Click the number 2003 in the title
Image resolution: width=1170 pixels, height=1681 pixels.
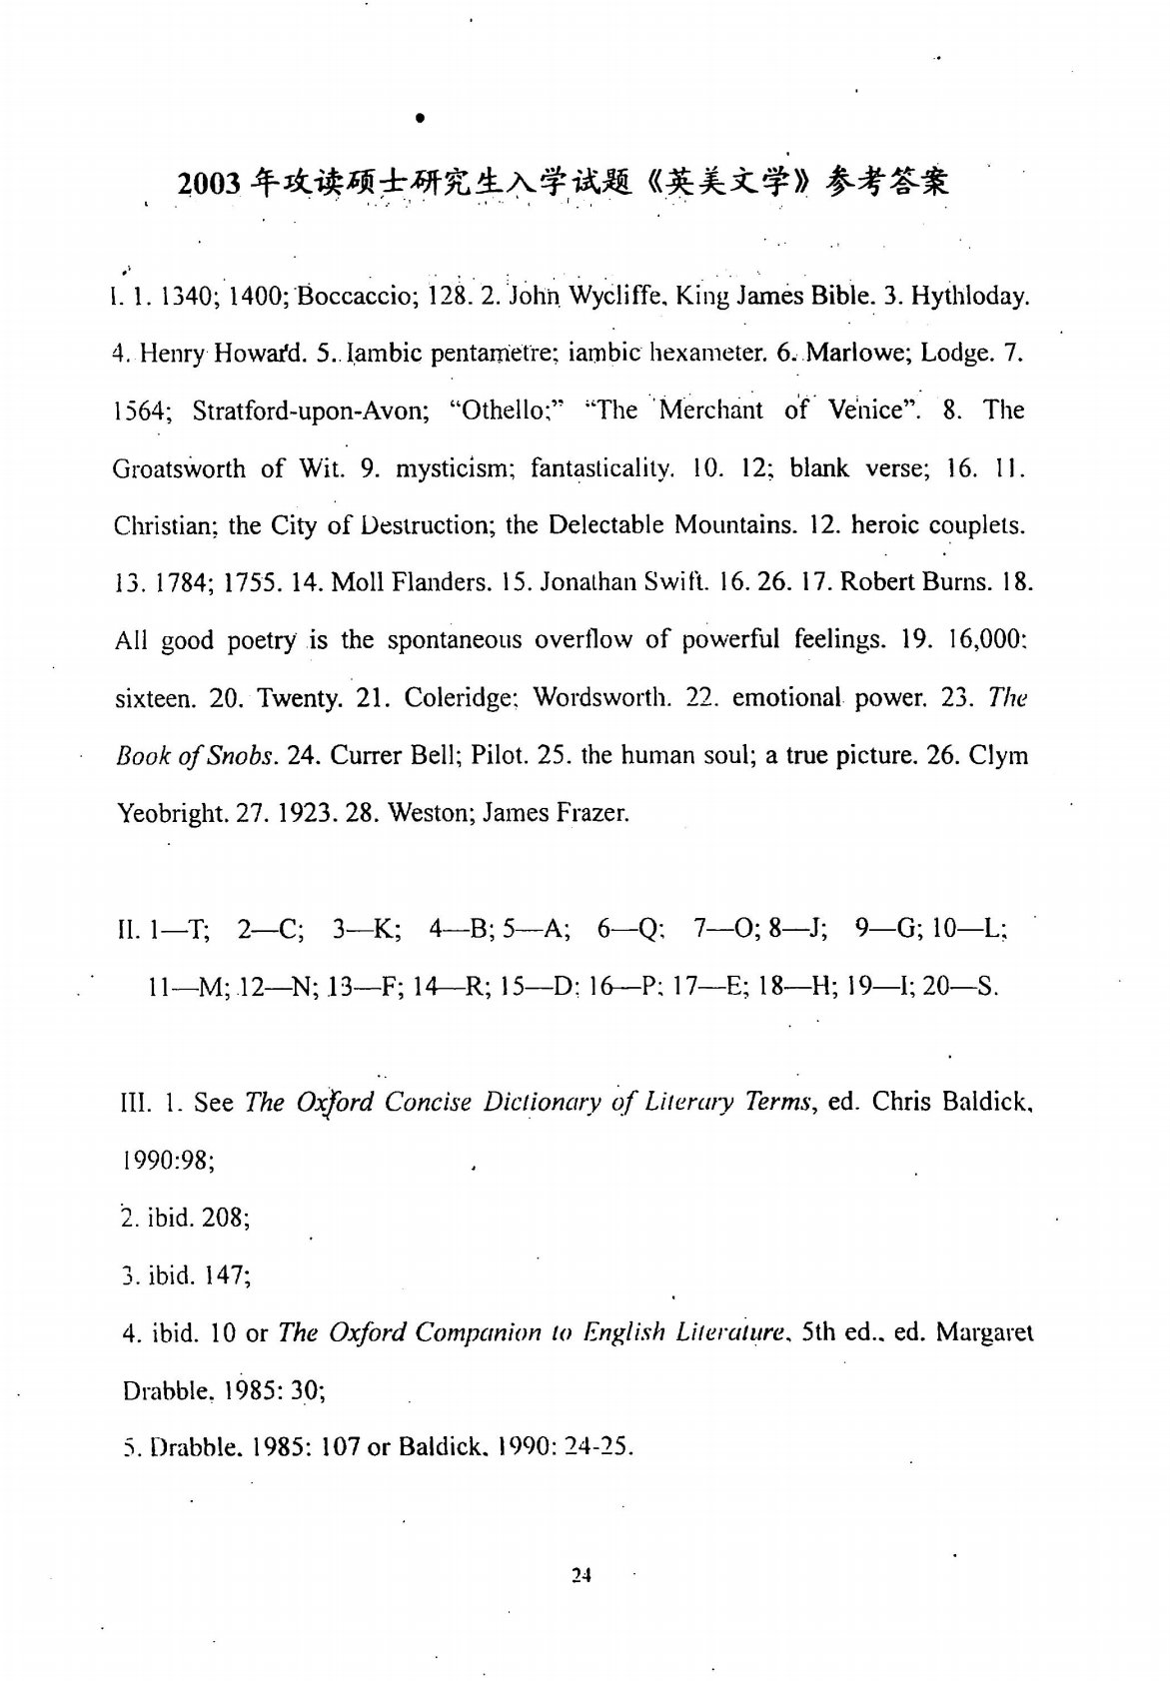210,184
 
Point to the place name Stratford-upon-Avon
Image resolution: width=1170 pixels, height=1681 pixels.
310,411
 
